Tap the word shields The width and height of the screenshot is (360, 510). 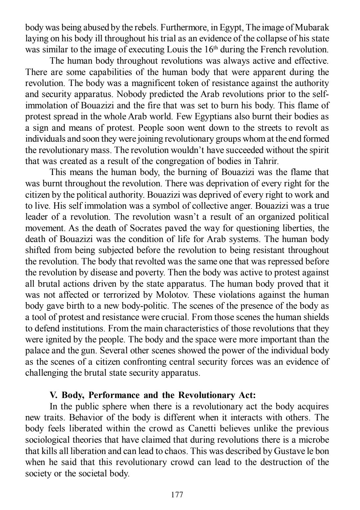pos(318,317)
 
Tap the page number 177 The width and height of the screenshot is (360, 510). pos(177,495)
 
